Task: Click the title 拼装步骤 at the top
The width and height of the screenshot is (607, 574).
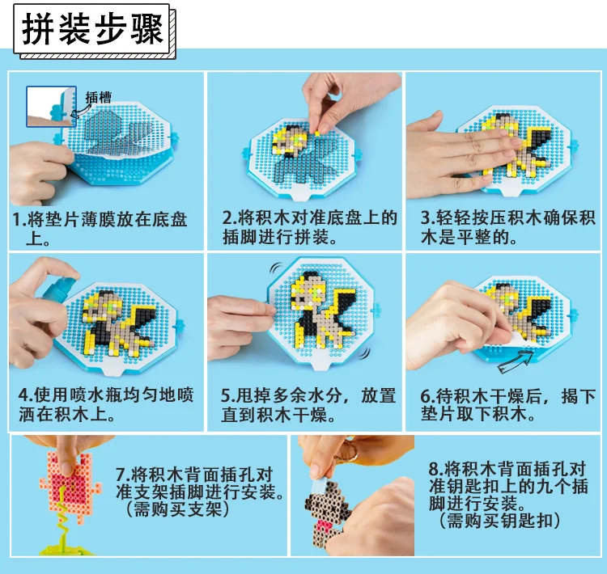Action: tap(92, 29)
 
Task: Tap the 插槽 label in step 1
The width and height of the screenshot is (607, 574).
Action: tap(98, 97)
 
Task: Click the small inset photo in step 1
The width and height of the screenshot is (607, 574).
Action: tap(52, 107)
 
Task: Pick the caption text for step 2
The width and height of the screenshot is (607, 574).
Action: tap(310, 227)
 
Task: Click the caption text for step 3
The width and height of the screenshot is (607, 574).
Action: tap(508, 227)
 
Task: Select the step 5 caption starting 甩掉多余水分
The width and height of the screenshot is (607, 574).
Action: tap(308, 405)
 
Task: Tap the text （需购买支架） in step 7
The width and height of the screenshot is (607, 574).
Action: tap(177, 509)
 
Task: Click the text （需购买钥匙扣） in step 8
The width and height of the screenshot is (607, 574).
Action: tap(499, 520)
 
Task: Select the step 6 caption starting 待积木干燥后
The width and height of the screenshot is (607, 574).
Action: tap(508, 405)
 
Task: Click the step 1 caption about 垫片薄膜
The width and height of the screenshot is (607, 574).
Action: tap(100, 229)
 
